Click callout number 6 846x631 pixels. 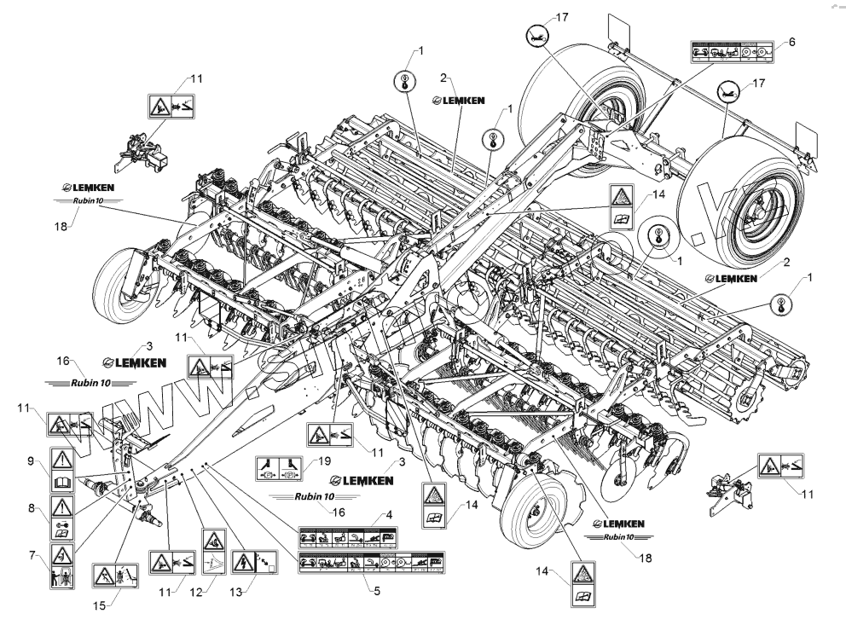tap(791, 41)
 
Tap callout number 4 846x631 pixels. tap(389, 515)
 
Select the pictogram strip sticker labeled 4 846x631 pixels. tap(371, 538)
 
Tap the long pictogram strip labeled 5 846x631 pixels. tap(371, 563)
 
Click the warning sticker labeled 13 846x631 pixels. tap(252, 559)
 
